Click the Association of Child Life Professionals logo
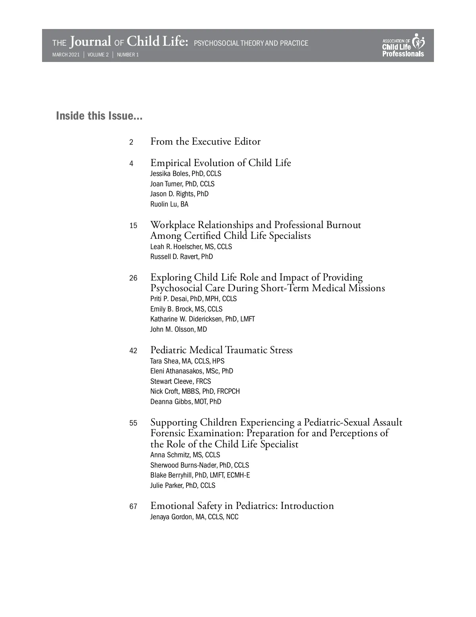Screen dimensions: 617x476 [403, 46]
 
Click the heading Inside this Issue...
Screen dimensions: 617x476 [99, 116]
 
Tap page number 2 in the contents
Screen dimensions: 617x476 [131, 142]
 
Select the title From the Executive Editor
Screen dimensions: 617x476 [205, 141]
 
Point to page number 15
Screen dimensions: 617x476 [133, 226]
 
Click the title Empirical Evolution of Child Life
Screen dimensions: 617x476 [221, 163]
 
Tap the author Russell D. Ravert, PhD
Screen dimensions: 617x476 [181, 257]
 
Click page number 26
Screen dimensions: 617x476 [133, 278]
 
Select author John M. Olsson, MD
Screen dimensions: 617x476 [178, 329]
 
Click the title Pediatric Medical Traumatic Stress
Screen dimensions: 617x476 [221, 350]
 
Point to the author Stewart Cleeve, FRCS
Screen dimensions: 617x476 [180, 381]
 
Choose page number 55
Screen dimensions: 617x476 [133, 423]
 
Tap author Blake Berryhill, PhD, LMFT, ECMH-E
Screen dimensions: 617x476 [200, 475]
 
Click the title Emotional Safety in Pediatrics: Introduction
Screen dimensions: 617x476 [242, 506]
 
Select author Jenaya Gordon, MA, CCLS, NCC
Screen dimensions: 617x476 [194, 517]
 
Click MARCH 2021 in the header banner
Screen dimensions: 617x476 [66, 55]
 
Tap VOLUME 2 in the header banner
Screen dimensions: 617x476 [98, 55]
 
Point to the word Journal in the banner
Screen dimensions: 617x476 [91, 42]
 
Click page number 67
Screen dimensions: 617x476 [133, 507]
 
